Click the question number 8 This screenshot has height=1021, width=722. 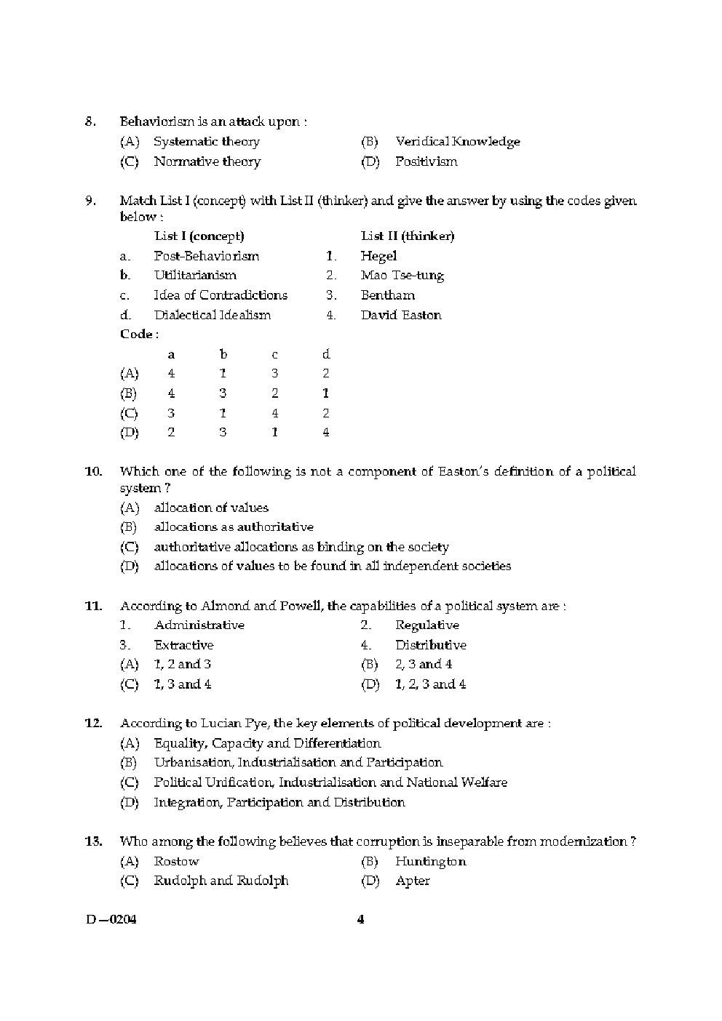pos(91,121)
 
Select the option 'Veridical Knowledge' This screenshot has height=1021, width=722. pos(457,142)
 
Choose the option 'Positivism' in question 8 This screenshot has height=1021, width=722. pos(426,161)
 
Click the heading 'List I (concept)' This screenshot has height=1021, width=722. pos(199,236)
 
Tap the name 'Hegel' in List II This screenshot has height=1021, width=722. pos(378,256)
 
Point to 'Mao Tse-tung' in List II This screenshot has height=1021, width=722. pos(402,276)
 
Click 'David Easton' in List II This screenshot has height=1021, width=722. pos(400,315)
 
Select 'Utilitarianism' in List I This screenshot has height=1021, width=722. pos(195,276)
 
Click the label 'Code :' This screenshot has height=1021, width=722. pos(139,335)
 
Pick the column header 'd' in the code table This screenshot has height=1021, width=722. pos(325,354)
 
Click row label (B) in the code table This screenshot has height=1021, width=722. pos(129,393)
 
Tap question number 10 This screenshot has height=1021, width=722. pos(94,471)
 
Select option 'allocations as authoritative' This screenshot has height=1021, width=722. pos(234,527)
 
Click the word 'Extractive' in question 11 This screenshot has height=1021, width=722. pos(183,645)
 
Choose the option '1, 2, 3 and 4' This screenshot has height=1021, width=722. pos(430,684)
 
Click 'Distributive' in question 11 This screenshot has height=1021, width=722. pos(430,645)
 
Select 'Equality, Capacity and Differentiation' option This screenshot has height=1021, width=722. pos(267,743)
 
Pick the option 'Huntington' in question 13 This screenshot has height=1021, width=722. pos(430,862)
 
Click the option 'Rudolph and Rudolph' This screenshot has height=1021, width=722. pos(221,881)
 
